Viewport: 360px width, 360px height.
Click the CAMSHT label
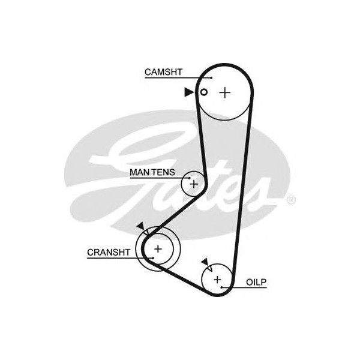(163, 73)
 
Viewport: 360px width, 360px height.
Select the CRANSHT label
(109, 253)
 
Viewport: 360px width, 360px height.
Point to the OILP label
(255, 281)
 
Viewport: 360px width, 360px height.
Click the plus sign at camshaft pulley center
(224, 92)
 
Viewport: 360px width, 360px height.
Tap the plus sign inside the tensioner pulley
(194, 183)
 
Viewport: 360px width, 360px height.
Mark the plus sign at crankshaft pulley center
(158, 248)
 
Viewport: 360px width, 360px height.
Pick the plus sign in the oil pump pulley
(217, 279)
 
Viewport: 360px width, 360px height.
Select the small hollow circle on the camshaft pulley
(204, 92)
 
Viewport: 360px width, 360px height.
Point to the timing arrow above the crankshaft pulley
(140, 226)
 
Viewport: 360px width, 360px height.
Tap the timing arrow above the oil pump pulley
(205, 261)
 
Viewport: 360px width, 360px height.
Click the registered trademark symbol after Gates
(291, 200)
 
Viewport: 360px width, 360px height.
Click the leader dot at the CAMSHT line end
(211, 77)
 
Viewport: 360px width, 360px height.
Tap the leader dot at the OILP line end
(224, 288)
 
